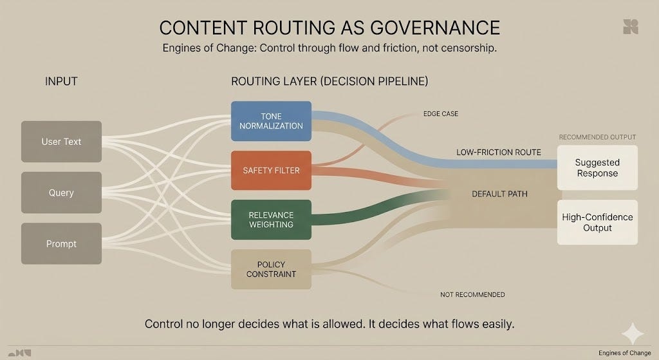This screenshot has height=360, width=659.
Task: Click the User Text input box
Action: [x=61, y=142]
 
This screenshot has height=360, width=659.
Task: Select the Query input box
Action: [x=61, y=193]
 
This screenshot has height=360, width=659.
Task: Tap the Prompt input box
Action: [x=61, y=243]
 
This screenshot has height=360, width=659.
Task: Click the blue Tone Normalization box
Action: [x=271, y=121]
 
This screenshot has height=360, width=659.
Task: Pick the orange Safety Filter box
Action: [x=271, y=171]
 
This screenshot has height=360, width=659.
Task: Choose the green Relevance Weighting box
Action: [x=271, y=220]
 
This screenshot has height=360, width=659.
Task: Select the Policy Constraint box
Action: [x=271, y=269]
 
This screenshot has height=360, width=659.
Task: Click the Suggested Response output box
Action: [x=597, y=168]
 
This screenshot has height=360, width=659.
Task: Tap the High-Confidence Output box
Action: [x=597, y=222]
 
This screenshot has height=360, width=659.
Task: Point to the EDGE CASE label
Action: [x=441, y=114]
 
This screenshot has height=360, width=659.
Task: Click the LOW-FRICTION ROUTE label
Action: [x=499, y=153]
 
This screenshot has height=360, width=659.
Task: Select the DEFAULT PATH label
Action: [x=500, y=194]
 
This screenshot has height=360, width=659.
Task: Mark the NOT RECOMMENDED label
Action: [x=472, y=294]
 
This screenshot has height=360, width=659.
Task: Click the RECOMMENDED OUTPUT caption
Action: [x=597, y=137]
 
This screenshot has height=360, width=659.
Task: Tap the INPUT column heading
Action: [x=61, y=82]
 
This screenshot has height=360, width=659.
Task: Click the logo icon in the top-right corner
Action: [x=630, y=26]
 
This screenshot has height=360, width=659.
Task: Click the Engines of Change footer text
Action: [x=624, y=353]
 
